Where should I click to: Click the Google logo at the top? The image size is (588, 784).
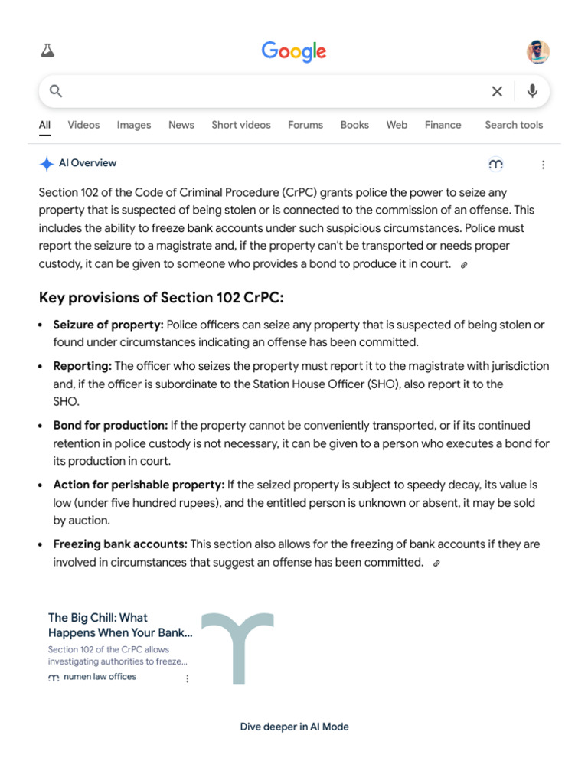click(x=294, y=52)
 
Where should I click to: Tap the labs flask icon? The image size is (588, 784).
click(x=47, y=51)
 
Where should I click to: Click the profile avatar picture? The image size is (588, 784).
click(x=537, y=52)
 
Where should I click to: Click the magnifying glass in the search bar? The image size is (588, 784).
click(x=56, y=92)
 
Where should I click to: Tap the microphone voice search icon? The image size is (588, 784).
click(x=532, y=92)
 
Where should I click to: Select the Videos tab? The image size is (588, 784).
click(x=83, y=125)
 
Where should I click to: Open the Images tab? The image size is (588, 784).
click(x=134, y=125)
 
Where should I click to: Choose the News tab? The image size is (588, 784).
click(x=181, y=125)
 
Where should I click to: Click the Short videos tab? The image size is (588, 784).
click(x=241, y=125)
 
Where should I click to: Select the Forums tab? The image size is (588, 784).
click(x=305, y=125)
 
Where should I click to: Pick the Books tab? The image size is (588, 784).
click(x=354, y=125)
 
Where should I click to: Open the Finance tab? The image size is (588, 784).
click(x=443, y=125)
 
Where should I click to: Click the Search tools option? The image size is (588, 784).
click(x=514, y=125)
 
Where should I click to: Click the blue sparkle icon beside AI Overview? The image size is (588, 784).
click(x=47, y=164)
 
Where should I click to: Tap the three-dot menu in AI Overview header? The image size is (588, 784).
click(x=543, y=165)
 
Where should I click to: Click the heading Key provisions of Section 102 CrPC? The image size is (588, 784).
click(x=161, y=298)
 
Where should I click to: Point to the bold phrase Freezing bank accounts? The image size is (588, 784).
click(x=120, y=544)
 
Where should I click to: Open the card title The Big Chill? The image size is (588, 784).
click(x=120, y=625)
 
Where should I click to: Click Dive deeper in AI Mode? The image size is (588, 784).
click(x=294, y=727)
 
